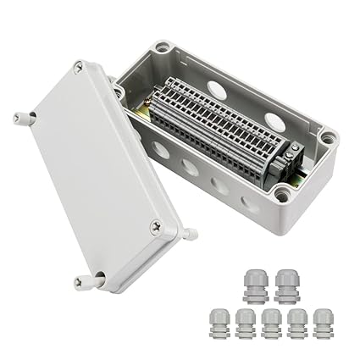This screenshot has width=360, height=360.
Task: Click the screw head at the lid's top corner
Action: click(78, 65)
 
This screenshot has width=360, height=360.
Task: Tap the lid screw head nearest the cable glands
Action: click(156, 226)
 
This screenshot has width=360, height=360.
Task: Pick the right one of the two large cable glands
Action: click(287, 287)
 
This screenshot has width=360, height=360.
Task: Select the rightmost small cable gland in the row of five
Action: click(323, 325)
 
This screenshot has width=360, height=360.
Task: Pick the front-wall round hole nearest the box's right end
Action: click(250, 203)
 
